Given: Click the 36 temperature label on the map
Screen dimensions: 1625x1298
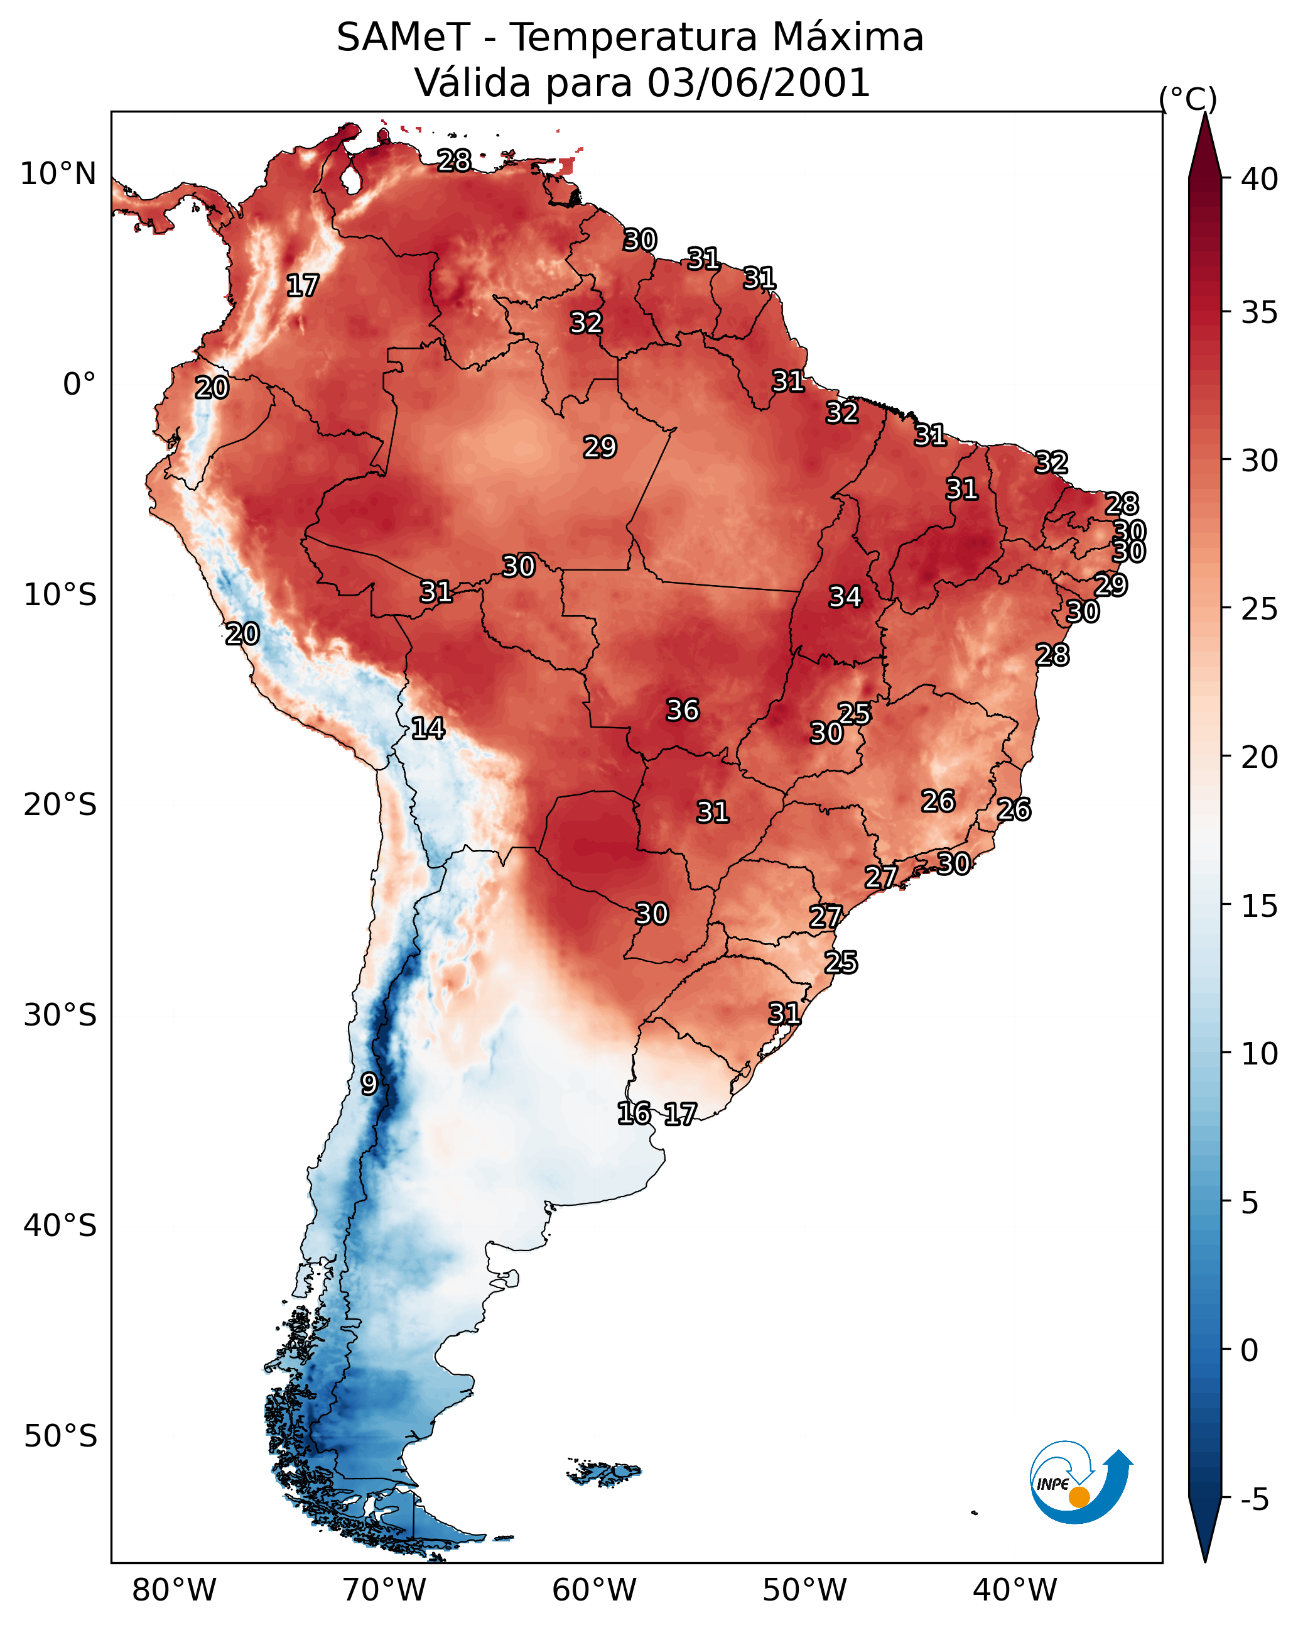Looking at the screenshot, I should pyautogui.click(x=683, y=710).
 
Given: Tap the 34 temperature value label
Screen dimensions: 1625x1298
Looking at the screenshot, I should pyautogui.click(x=845, y=597).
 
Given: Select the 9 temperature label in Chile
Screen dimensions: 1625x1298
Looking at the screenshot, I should pyautogui.click(x=369, y=1084).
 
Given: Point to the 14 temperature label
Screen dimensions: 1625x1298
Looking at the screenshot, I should pyautogui.click(x=427, y=728).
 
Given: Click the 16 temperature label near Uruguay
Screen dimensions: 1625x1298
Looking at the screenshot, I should pyautogui.click(x=634, y=1113).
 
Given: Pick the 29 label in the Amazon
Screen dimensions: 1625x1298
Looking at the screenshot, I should pyautogui.click(x=600, y=447).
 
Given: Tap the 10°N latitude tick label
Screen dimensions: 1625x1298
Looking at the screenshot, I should pyautogui.click(x=58, y=174).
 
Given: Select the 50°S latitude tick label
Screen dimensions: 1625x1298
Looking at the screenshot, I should pyautogui.click(x=60, y=1436).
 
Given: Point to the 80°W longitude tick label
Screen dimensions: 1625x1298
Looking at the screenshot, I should pyautogui.click(x=174, y=1590).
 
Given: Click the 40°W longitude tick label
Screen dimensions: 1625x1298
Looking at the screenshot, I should pyautogui.click(x=1015, y=1590).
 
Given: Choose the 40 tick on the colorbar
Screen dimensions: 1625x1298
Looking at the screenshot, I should pyautogui.click(x=1259, y=179).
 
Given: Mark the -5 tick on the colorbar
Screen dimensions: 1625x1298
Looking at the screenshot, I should pyautogui.click(x=1254, y=1500).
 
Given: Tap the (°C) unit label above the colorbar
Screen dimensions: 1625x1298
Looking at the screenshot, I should pyautogui.click(x=1187, y=99).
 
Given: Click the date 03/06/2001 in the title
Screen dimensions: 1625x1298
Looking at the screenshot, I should pyautogui.click(x=758, y=83).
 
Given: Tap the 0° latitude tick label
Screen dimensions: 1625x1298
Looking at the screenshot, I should pyautogui.click(x=79, y=385).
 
